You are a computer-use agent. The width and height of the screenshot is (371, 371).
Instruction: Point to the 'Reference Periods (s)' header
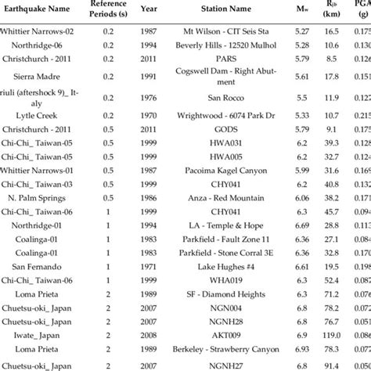coord(115,9)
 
